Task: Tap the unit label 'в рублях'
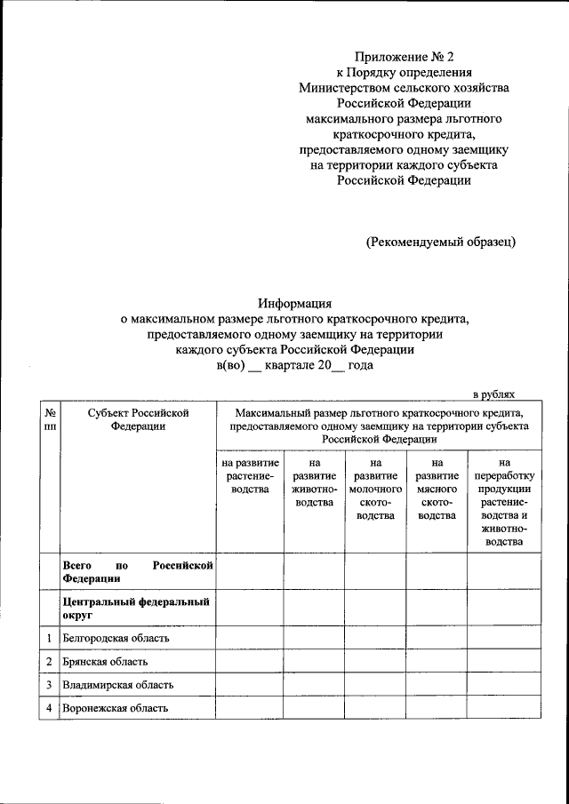click(x=493, y=394)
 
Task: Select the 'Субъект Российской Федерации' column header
click(x=138, y=419)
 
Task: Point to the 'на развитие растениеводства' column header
click(x=250, y=477)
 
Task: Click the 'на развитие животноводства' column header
click(x=314, y=483)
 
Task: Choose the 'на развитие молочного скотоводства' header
click(x=374, y=490)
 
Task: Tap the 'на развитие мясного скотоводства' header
click(x=436, y=490)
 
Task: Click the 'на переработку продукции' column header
click(x=504, y=502)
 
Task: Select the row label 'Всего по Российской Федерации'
click(x=138, y=571)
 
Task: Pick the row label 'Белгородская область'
click(x=116, y=638)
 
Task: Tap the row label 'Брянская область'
click(x=105, y=662)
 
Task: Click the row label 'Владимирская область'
click(x=117, y=685)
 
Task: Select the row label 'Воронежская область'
click(x=116, y=708)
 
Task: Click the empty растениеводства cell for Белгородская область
click(x=250, y=638)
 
